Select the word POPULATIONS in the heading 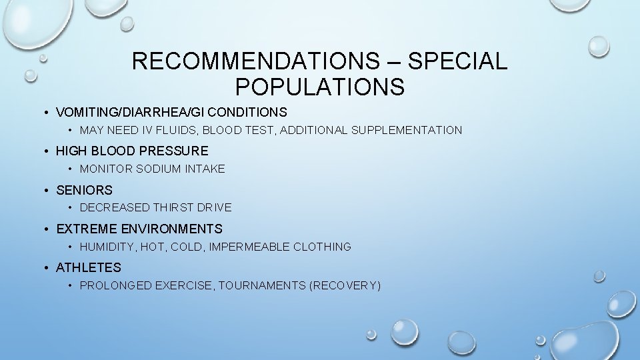(x=319, y=87)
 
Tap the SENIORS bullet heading (x=84, y=190)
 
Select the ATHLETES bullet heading (x=89, y=267)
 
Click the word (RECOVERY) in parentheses (x=345, y=285)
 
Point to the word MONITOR (x=106, y=169)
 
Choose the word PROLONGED (x=115, y=285)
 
